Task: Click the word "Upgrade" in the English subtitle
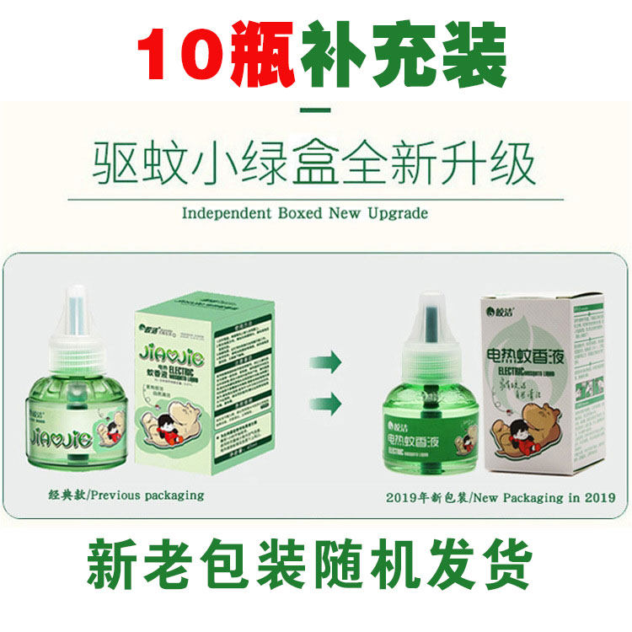click(395, 213)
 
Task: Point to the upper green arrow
click(325, 363)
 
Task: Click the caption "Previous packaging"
click(148, 495)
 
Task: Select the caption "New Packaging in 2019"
click(532, 498)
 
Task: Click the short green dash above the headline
click(317, 110)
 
